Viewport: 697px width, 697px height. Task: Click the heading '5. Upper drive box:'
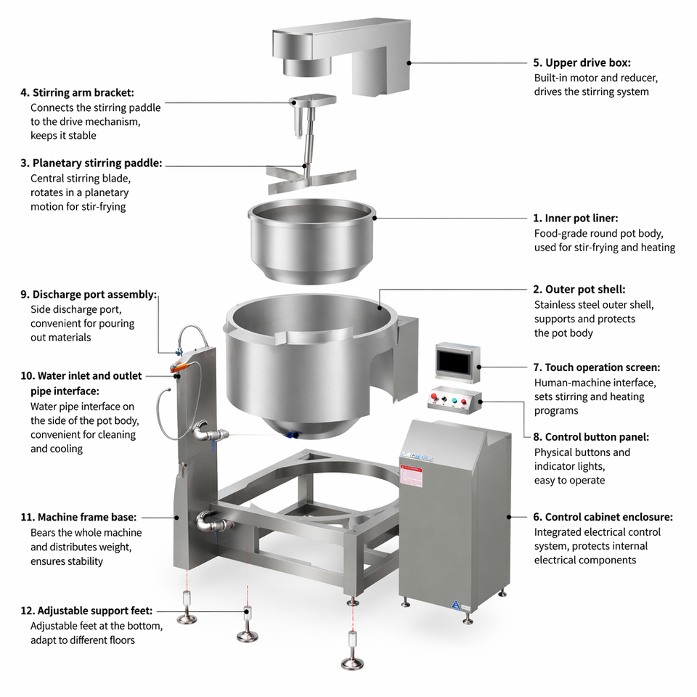pos(582,62)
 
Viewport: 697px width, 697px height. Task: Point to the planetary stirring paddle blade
pos(311,179)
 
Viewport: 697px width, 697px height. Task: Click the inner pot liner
pos(311,240)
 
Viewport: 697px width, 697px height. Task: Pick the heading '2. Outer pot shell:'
pos(579,290)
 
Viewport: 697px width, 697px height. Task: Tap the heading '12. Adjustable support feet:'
pos(86,611)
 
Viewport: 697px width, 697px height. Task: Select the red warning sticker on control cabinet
pos(411,476)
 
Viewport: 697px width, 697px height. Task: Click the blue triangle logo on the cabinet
pos(455,605)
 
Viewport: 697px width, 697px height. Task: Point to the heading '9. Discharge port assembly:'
pos(89,294)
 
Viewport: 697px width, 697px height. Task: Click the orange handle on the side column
pos(181,367)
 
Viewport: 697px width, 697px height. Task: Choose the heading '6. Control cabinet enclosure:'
pos(603,517)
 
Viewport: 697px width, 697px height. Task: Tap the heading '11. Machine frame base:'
pos(78,517)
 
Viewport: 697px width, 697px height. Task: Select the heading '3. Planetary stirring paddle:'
pos(91,163)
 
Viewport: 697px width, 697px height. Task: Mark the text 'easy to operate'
pos(569,481)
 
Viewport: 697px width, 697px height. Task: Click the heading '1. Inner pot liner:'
pos(576,219)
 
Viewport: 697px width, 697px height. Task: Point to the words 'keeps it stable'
pos(63,136)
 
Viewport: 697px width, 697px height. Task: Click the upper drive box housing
pos(342,56)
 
